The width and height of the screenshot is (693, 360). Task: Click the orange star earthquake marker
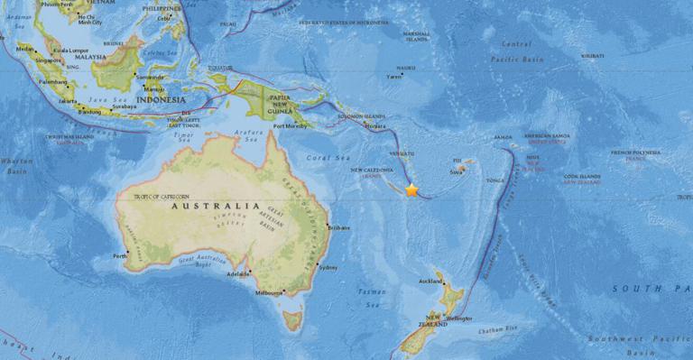[411, 190]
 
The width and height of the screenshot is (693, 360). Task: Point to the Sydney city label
[328, 267]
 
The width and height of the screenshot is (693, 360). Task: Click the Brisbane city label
[340, 227]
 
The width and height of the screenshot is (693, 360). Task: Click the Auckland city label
[430, 282]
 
